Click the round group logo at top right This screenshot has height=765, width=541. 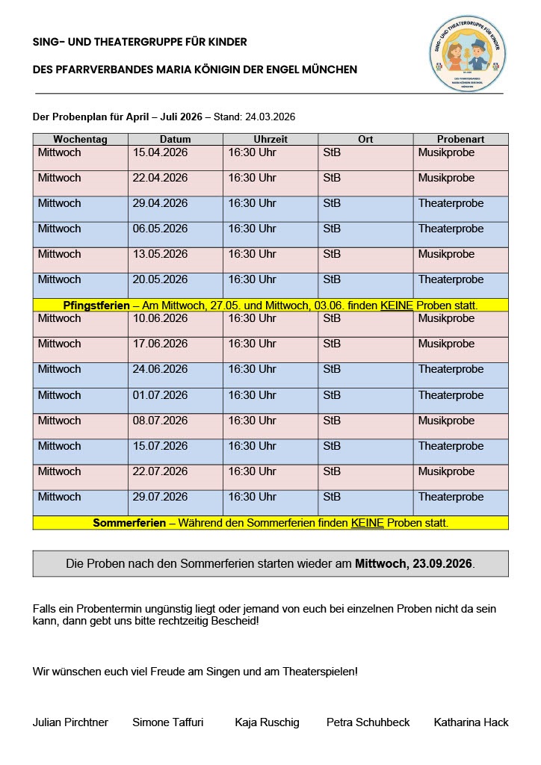[x=468, y=54]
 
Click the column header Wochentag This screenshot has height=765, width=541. [x=80, y=139]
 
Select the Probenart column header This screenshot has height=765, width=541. [x=460, y=139]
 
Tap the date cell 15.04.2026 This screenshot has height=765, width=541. [x=160, y=153]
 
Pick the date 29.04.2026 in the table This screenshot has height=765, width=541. [x=160, y=204]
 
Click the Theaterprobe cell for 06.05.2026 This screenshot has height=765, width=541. [x=451, y=229]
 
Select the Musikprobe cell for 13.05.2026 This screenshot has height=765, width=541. [x=446, y=255]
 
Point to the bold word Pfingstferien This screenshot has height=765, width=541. [x=96, y=306]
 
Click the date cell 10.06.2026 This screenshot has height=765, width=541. [x=160, y=319]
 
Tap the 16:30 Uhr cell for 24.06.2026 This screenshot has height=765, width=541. [x=252, y=370]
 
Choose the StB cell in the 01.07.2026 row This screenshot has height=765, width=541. [x=332, y=395]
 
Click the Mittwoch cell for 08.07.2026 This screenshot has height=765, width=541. [x=60, y=421]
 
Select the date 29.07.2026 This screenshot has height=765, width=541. [x=160, y=497]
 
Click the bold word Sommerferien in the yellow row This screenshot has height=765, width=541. [x=129, y=523]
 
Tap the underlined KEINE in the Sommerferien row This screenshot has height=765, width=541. [x=367, y=523]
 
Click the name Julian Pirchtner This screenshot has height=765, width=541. [x=70, y=722]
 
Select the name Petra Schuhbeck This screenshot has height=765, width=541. [x=368, y=722]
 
